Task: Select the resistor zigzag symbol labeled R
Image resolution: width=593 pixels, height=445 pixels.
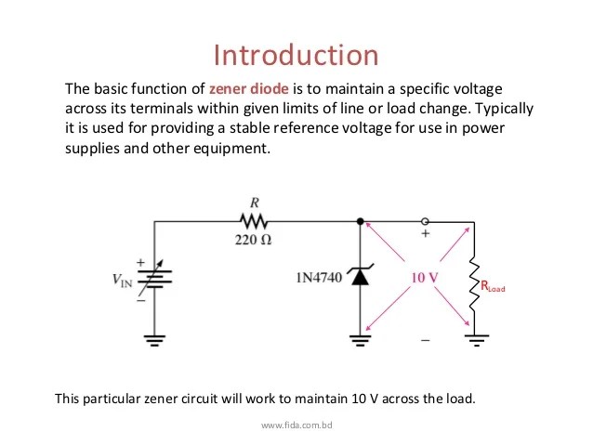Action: click(x=254, y=221)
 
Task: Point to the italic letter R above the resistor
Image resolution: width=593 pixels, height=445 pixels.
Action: click(x=254, y=202)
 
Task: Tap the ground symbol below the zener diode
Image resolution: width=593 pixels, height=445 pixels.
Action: click(x=361, y=342)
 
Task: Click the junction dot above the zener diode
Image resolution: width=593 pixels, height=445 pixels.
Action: click(x=361, y=221)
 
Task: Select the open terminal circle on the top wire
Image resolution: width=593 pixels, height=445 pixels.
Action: click(x=426, y=221)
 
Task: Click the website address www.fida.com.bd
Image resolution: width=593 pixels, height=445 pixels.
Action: click(x=296, y=425)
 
